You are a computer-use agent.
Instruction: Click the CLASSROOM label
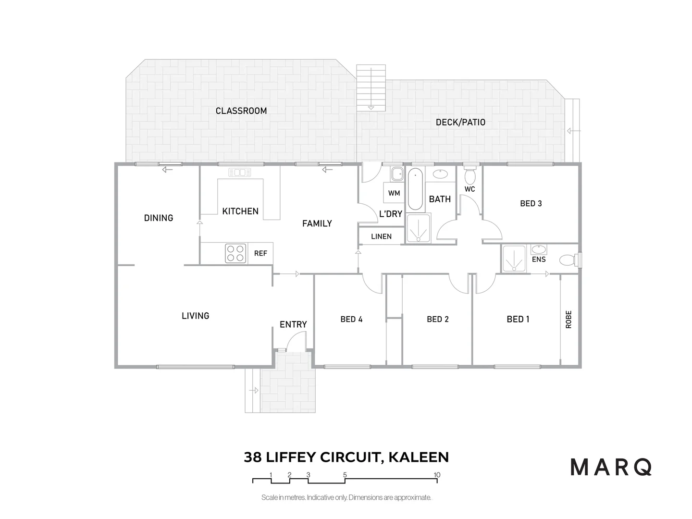point(241,111)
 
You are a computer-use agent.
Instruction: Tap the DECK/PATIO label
point(460,123)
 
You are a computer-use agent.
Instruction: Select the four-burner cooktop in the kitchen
point(235,253)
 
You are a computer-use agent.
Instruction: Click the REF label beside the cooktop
point(260,253)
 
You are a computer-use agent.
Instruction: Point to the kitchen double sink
point(240,173)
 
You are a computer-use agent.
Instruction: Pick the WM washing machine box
point(394,193)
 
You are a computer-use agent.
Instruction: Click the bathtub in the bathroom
point(415,189)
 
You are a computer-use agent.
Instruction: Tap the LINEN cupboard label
point(381,236)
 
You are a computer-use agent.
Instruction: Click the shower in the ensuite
point(514,259)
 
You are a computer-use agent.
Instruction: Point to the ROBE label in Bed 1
point(569,319)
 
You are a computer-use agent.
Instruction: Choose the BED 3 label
point(531,204)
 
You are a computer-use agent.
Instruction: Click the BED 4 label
point(351,319)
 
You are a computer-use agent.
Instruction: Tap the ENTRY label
point(293,325)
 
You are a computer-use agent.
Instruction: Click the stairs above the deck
point(371,87)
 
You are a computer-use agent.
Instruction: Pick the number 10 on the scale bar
point(437,475)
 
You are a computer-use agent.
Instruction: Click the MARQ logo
point(611,467)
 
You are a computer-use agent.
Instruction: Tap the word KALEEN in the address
point(418,457)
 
